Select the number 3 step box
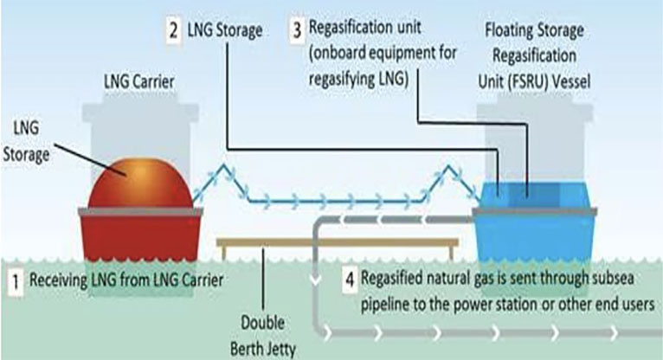(x=297, y=32)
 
